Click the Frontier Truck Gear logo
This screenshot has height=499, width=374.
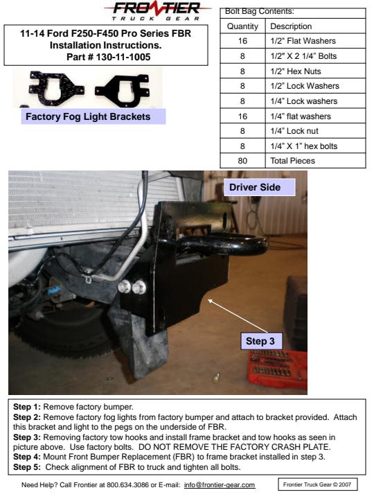[x=157, y=11]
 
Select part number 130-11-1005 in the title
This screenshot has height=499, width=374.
[x=123, y=57]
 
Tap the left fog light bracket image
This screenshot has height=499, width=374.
[x=56, y=86]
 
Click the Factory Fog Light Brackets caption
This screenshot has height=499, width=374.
[x=88, y=116]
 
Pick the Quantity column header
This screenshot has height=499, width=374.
[x=242, y=26]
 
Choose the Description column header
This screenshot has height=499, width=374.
[x=291, y=26]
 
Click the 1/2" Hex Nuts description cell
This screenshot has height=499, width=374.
[x=296, y=71]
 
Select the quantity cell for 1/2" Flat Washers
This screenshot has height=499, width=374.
[x=242, y=41]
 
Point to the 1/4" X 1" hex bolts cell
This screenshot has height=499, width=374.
[x=304, y=146]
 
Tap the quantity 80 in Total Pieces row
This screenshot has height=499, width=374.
[x=242, y=161]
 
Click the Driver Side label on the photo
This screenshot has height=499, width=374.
[x=259, y=187]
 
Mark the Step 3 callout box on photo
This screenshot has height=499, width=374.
[x=261, y=341]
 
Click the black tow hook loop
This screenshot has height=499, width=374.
[x=222, y=245]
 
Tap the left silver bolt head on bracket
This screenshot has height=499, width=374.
[x=125, y=287]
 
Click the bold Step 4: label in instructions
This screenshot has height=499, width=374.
[x=27, y=457]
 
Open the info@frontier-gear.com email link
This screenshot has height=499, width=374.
[x=220, y=484]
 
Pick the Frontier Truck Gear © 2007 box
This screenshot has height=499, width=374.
[x=317, y=484]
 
